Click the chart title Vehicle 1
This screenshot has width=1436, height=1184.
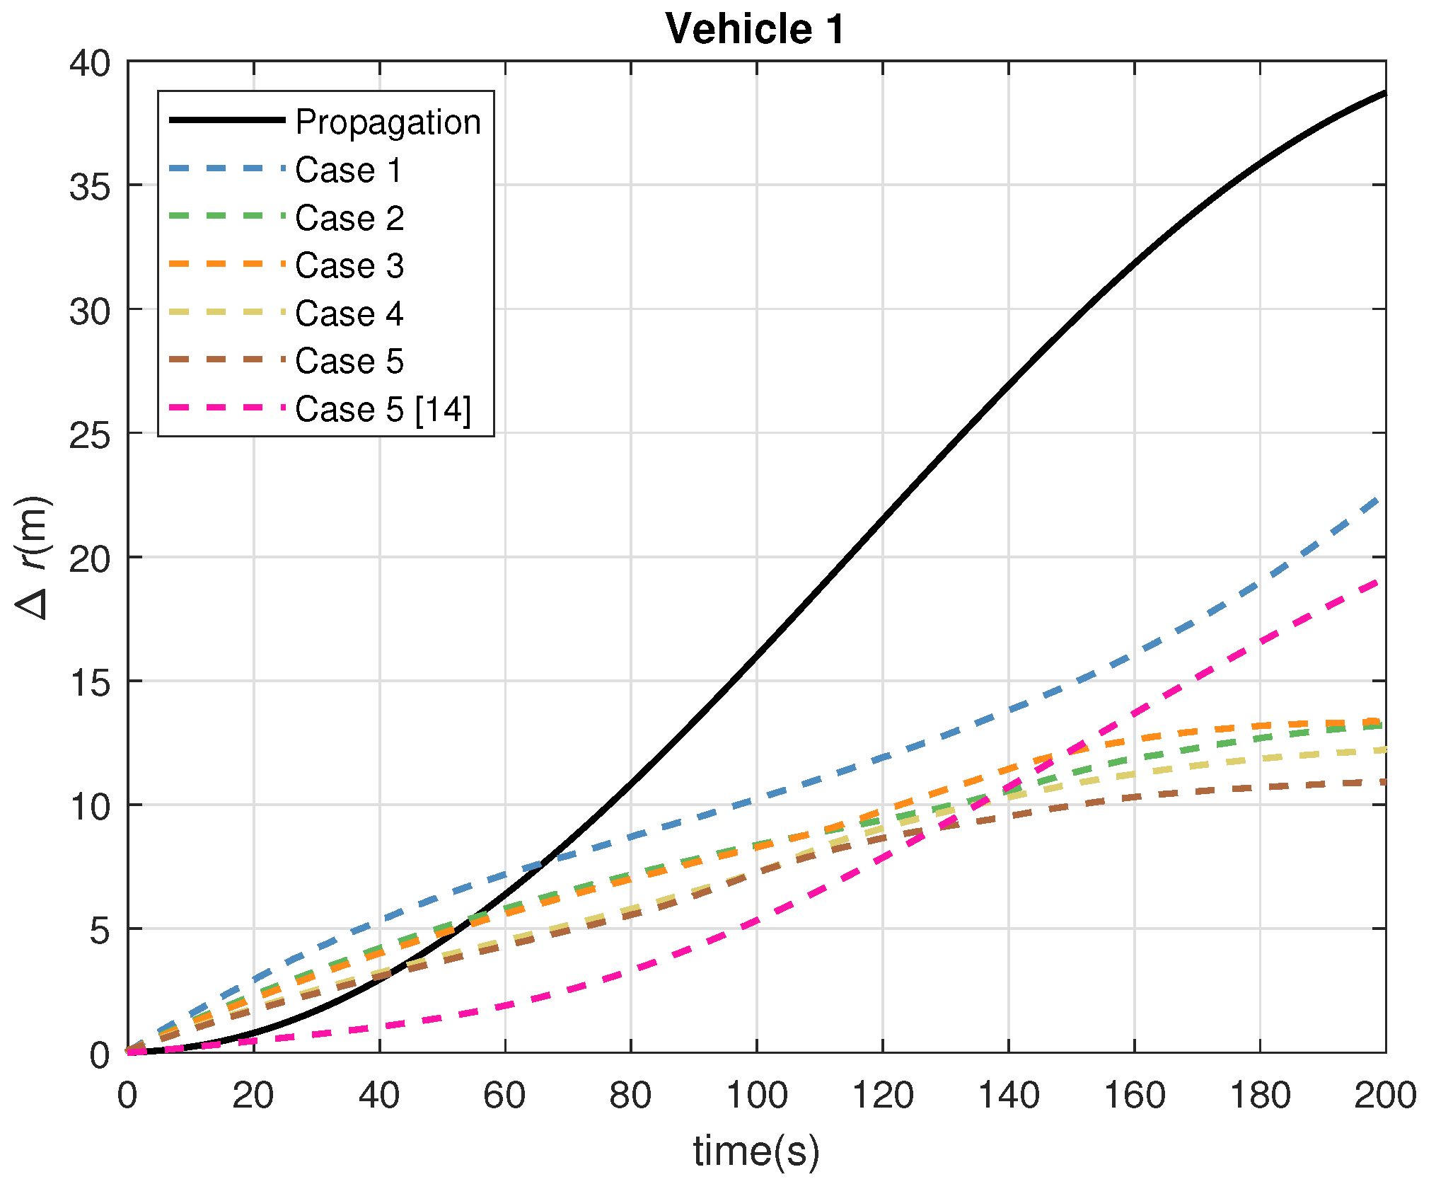tap(755, 30)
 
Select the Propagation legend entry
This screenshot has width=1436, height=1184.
tap(388, 122)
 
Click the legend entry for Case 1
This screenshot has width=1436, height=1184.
tap(348, 170)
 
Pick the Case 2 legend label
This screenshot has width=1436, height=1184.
tap(349, 217)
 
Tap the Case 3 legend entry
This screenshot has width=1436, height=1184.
tap(349, 265)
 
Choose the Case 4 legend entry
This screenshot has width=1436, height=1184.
tap(349, 314)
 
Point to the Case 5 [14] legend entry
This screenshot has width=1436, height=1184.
tap(383, 409)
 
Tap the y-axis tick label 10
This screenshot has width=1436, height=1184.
tap(90, 807)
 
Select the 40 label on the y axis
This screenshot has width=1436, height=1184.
tap(90, 64)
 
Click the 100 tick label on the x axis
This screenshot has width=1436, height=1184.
tap(756, 1096)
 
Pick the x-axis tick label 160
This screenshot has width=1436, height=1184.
tap(1134, 1096)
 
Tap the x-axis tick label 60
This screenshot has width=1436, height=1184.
tap(504, 1096)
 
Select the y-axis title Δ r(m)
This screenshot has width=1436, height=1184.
tap(34, 557)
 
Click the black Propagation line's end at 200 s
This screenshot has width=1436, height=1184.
tap(1384, 93)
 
